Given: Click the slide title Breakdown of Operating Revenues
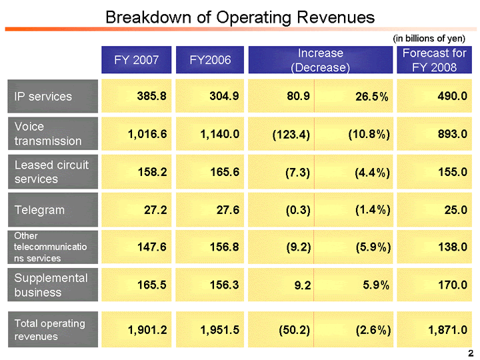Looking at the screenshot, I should pyautogui.click(x=240, y=17).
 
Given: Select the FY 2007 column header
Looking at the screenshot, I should pyautogui.click(x=137, y=60).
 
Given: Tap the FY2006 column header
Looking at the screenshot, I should pyautogui.click(x=210, y=60).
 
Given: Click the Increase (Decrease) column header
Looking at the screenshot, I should pyautogui.click(x=320, y=60).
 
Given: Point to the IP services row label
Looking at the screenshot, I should pyautogui.click(x=43, y=97).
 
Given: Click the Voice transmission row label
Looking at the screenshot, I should pyautogui.click(x=48, y=133).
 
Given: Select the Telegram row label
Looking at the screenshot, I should pyautogui.click(x=40, y=210).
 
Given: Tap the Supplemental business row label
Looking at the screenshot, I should pyautogui.click(x=51, y=285).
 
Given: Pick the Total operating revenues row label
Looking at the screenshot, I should pyautogui.click(x=50, y=329).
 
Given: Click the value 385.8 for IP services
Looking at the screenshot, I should pyautogui.click(x=151, y=97).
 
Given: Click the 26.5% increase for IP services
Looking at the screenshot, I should pyautogui.click(x=371, y=97).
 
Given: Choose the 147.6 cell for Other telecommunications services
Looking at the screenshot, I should pyautogui.click(x=151, y=247).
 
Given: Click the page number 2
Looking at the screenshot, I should pyautogui.click(x=471, y=352).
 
